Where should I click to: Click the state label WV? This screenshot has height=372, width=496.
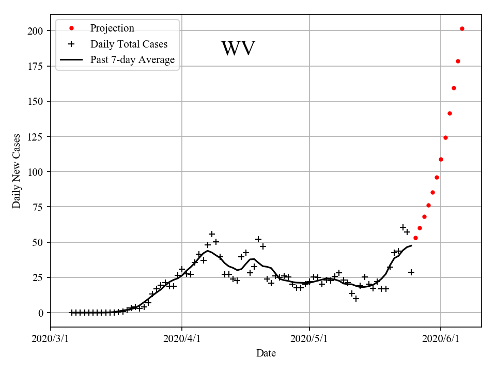[x=238, y=49]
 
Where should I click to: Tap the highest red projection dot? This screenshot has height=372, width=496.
[x=462, y=28]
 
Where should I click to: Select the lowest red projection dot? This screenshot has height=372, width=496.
[x=415, y=238]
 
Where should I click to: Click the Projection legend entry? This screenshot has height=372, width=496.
[x=112, y=28]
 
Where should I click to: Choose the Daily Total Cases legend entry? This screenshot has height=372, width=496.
[x=129, y=44]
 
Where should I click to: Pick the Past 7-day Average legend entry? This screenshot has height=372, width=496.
[x=132, y=60]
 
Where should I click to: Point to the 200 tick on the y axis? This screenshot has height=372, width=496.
[x=36, y=31]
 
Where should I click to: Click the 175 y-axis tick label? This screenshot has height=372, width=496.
[x=36, y=66]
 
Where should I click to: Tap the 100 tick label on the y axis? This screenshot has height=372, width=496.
[x=36, y=172]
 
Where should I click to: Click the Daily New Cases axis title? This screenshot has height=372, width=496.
[x=17, y=171]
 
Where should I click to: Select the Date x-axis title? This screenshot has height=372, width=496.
[x=266, y=353]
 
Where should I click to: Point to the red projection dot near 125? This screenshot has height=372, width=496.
[x=445, y=137]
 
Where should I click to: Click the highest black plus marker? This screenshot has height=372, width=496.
[x=403, y=227]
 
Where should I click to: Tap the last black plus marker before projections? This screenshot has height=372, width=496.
[x=411, y=272]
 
